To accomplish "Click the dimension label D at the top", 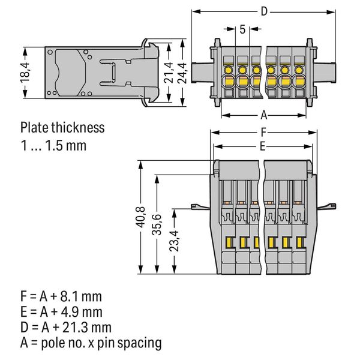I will point(265,10).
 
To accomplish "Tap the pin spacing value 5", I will point(242,29).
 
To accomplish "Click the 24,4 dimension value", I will point(185,73).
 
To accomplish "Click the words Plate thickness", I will point(62,127).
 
